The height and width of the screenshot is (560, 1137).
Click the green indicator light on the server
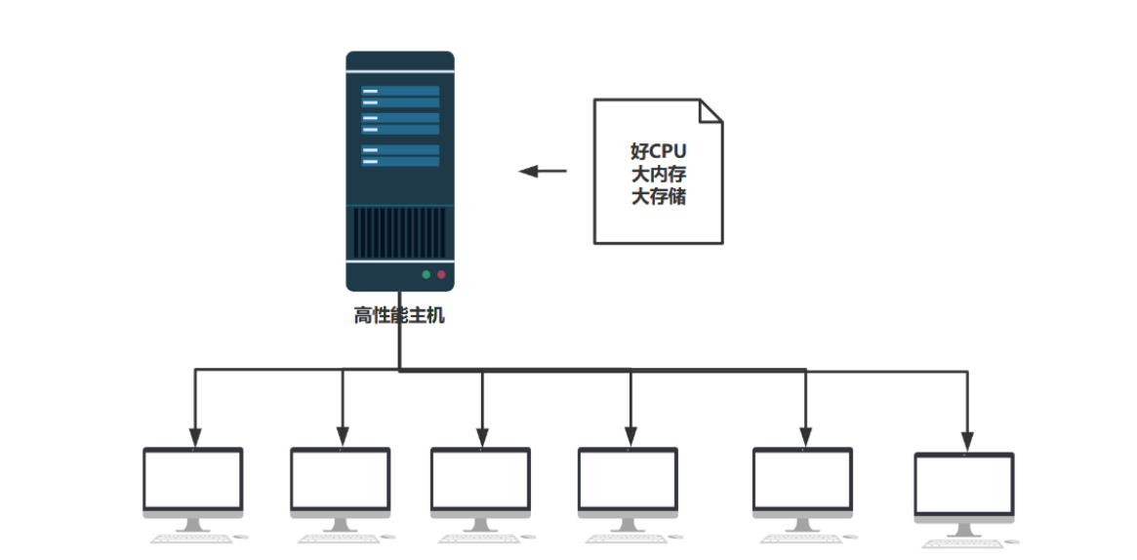coord(426,275)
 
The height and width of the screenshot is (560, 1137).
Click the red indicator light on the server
coord(441,275)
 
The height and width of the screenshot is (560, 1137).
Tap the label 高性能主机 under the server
coord(399,316)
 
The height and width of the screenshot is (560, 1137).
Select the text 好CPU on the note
coord(659,152)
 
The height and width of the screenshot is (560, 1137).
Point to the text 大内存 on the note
coord(659,175)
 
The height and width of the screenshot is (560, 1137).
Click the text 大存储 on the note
coord(659,197)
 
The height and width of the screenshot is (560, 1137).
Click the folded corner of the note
coord(711,109)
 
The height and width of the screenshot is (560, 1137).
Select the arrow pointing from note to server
coord(543,172)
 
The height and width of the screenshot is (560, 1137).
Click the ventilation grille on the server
coord(399,234)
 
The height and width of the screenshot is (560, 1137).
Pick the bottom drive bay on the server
coord(400,161)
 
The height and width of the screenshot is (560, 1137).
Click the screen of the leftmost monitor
coord(193,479)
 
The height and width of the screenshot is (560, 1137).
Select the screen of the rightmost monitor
coord(964,485)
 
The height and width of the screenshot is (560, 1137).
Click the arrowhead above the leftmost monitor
coord(195,435)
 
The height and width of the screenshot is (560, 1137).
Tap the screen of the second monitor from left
coord(341,479)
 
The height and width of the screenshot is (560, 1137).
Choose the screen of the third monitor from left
coord(481,479)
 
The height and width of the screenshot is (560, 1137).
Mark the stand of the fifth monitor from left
coord(802,525)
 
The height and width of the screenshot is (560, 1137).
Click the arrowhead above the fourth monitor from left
coord(630,435)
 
